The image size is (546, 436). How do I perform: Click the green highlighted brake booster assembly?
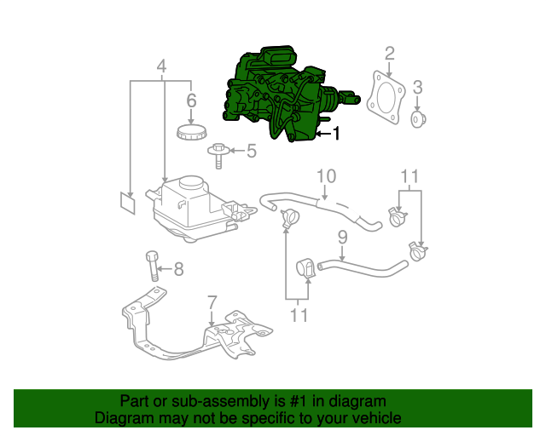coord(273,94)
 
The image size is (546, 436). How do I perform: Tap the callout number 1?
coord(335,134)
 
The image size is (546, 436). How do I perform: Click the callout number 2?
coord(390,54)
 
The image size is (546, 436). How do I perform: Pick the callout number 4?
coord(162,66)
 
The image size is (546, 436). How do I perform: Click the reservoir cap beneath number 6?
coord(191,133)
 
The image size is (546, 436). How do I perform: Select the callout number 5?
coord(251,152)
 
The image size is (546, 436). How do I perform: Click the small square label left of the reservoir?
coord(127,202)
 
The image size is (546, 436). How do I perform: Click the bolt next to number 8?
coord(153,267)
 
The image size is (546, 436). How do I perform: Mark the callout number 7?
coord(212,302)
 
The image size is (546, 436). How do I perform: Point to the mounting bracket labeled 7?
coord(196,332)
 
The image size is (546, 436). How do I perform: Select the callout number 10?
coord(327,176)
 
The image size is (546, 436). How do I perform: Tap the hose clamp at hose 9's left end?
coord(305,269)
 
